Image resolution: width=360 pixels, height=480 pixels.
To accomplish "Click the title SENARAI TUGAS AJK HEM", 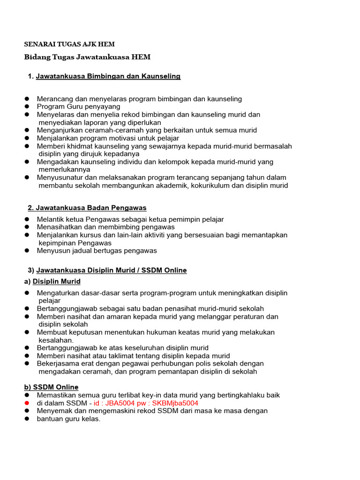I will pyautogui.click(x=69, y=44).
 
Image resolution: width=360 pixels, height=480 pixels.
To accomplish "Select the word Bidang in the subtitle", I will pyautogui.click(x=37, y=57).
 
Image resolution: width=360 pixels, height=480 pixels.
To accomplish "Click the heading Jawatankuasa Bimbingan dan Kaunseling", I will pyautogui.click(x=108, y=76).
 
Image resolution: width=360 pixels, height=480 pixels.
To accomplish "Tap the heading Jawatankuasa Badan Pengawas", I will pyautogui.click(x=92, y=207).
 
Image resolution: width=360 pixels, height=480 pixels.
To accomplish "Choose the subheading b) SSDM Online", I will pyautogui.click(x=51, y=387).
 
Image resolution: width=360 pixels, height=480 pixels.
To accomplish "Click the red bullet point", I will pyautogui.click(x=27, y=403).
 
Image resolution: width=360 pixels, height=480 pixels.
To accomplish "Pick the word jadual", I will pyautogui.click(x=82, y=250).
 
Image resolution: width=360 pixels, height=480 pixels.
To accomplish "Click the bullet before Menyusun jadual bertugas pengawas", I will pyautogui.click(x=27, y=250).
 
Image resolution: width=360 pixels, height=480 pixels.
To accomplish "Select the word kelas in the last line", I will pyautogui.click(x=90, y=419).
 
